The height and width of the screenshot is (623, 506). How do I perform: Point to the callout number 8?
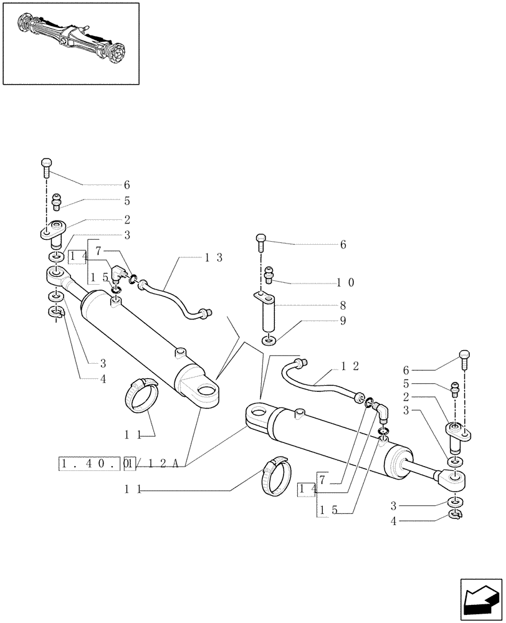click(x=342, y=306)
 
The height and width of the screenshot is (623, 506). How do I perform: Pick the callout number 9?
click(x=342, y=321)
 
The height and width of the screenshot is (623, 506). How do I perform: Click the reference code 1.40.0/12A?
click(x=120, y=464)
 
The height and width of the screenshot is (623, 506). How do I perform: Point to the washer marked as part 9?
click(x=269, y=341)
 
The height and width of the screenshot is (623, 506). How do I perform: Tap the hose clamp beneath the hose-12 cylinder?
click(x=274, y=473)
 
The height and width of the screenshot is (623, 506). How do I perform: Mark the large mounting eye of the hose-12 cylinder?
click(x=257, y=414)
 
